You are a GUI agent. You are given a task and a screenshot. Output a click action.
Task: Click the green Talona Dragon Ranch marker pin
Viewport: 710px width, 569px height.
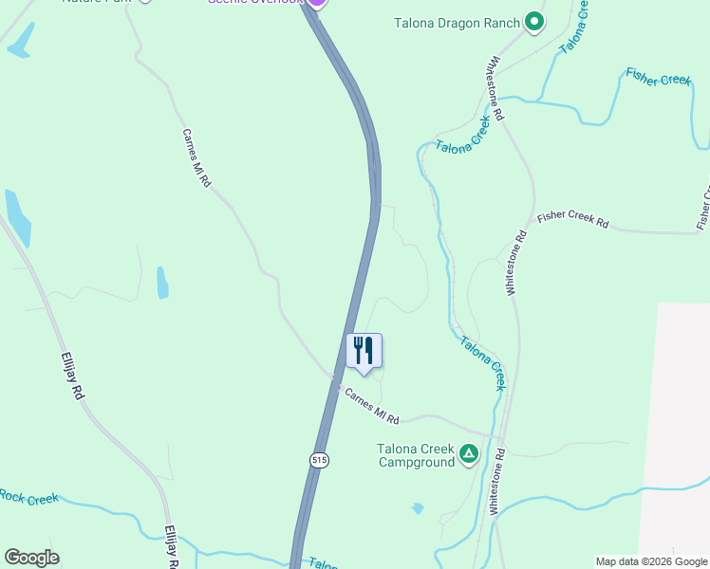[534, 21]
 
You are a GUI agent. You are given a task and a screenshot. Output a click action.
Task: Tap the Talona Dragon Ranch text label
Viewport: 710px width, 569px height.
[457, 23]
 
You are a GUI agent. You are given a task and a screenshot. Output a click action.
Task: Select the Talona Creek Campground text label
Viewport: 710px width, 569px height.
[417, 455]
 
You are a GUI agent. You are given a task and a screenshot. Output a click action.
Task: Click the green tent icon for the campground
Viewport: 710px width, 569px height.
[469, 454]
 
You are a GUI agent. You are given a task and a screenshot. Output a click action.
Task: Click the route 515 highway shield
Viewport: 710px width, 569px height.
[320, 459]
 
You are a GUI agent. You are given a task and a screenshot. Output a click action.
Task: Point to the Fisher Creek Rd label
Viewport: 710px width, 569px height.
[571, 219]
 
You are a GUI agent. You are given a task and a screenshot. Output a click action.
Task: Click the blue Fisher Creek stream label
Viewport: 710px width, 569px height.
[658, 77]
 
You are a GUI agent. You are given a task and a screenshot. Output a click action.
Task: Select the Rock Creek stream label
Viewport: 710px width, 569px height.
[28, 497]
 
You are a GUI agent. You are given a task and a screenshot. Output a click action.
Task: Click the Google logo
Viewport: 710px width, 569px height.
[31, 558]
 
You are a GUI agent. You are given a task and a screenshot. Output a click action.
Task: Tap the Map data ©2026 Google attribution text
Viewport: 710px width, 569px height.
[651, 561]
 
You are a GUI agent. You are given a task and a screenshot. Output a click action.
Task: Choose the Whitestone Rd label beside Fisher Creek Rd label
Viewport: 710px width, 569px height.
[515, 265]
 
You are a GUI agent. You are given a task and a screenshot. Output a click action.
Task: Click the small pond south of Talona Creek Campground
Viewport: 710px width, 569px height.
[418, 508]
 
